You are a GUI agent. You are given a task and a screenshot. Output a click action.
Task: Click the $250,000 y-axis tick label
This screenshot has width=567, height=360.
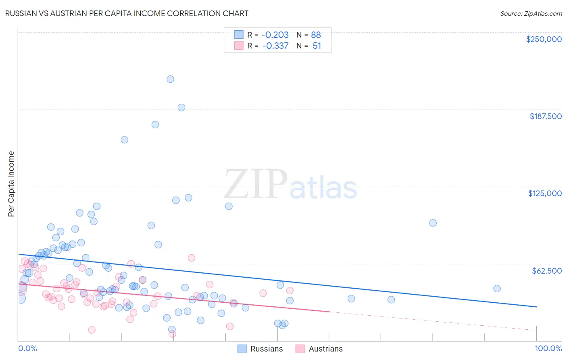click(544, 39)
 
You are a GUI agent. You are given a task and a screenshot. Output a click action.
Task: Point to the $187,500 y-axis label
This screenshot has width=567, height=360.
click(546, 116)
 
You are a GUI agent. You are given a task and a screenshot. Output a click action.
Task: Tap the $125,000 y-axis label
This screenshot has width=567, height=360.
click(545, 193)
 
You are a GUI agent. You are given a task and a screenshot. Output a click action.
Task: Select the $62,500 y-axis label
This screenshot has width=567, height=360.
click(547, 271)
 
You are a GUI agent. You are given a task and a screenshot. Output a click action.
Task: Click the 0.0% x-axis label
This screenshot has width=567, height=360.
click(27, 348)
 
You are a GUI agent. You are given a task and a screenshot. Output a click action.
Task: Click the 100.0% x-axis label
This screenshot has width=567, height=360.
click(548, 348)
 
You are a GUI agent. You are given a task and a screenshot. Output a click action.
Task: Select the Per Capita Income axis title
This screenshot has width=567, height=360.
click(11, 184)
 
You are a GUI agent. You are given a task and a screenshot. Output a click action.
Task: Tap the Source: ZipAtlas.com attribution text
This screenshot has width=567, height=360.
click(531, 13)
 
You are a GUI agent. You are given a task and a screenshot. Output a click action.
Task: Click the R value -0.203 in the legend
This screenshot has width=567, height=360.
click(275, 35)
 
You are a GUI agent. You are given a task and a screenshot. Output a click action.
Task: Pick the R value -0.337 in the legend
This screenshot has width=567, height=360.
click(275, 46)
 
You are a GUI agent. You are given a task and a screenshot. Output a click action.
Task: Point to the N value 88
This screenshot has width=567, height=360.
click(316, 35)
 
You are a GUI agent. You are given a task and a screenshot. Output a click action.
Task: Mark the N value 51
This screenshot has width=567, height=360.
click(317, 46)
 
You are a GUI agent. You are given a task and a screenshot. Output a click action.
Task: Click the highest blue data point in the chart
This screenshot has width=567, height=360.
click(170, 79)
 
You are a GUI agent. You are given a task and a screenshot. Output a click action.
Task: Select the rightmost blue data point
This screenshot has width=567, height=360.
click(497, 289)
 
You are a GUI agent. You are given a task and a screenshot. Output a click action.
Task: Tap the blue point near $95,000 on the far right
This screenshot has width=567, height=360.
click(433, 223)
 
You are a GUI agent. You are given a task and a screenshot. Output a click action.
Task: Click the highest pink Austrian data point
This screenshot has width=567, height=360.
click(192, 257)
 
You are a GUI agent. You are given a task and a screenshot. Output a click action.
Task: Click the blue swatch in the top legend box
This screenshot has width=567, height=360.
click(239, 35)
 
